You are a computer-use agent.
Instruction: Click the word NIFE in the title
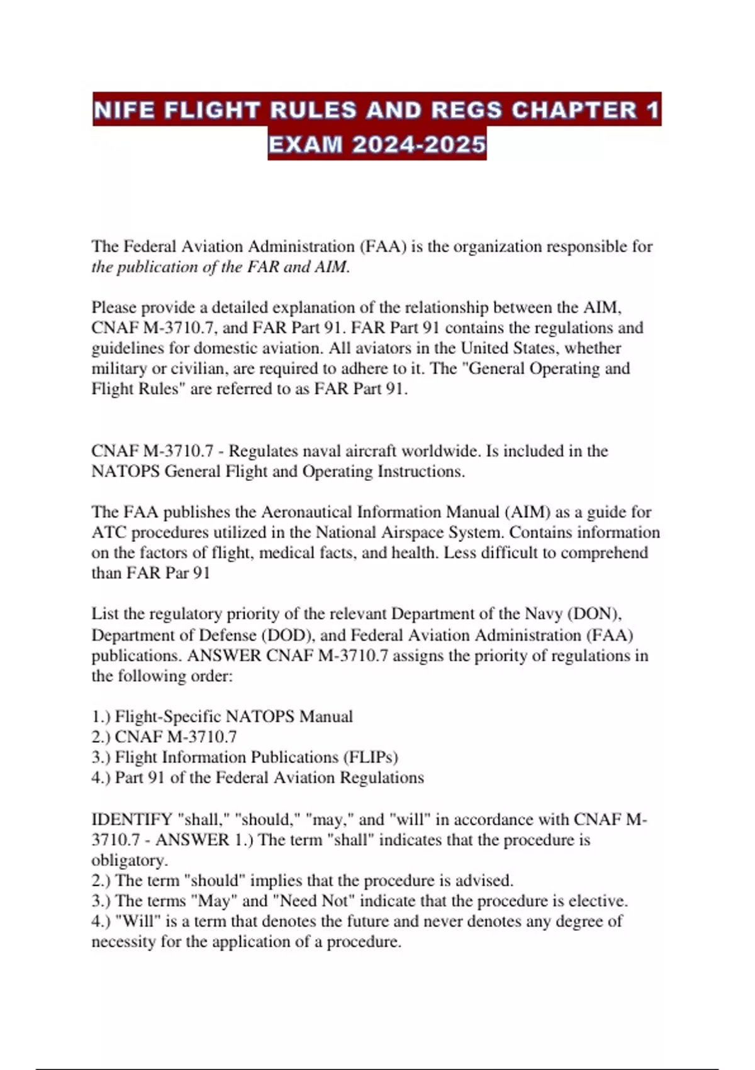(x=124, y=110)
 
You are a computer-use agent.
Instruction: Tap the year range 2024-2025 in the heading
(x=419, y=145)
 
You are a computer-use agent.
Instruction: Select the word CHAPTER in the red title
(x=574, y=110)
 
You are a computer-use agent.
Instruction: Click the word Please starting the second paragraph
(x=115, y=308)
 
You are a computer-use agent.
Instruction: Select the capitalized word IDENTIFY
(x=131, y=819)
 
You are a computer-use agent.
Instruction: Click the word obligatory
(x=129, y=860)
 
